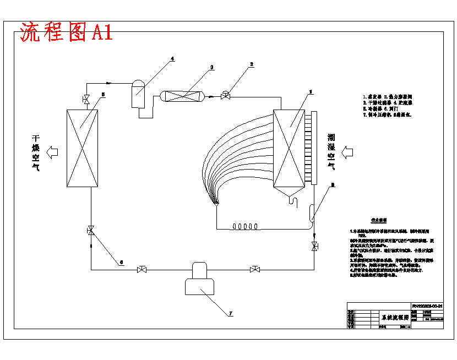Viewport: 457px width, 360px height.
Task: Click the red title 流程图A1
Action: coord(66,32)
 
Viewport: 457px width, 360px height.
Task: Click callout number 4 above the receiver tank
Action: coord(172,58)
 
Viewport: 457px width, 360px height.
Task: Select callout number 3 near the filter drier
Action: coord(211,67)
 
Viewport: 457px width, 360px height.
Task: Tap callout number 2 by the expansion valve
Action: coord(252,64)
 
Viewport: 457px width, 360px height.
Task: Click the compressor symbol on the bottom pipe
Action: coord(200,279)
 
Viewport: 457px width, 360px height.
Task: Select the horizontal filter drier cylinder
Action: coord(182,96)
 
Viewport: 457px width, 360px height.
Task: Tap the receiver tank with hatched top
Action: coord(138,92)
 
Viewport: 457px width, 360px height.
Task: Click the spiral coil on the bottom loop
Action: coord(245,226)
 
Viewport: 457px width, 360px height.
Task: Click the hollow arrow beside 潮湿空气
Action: coord(348,150)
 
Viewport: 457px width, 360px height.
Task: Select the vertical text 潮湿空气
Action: coord(331,149)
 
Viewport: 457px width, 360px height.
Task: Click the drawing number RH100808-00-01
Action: coord(427,306)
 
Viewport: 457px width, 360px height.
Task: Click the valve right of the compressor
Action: coord(255,269)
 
